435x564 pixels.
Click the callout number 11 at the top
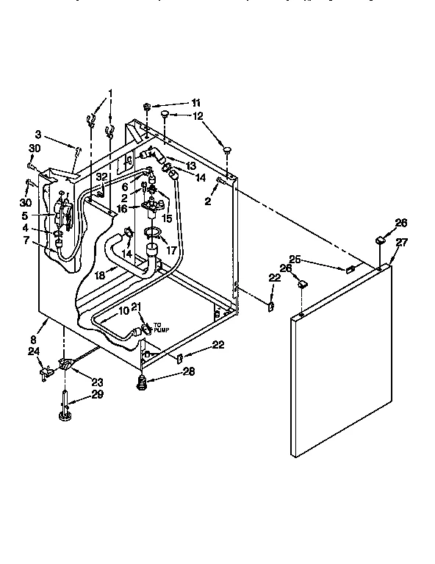point(195,102)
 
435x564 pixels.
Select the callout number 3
point(37,134)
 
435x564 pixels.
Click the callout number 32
point(102,177)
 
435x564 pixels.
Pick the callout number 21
point(136,306)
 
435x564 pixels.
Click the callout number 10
point(124,311)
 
